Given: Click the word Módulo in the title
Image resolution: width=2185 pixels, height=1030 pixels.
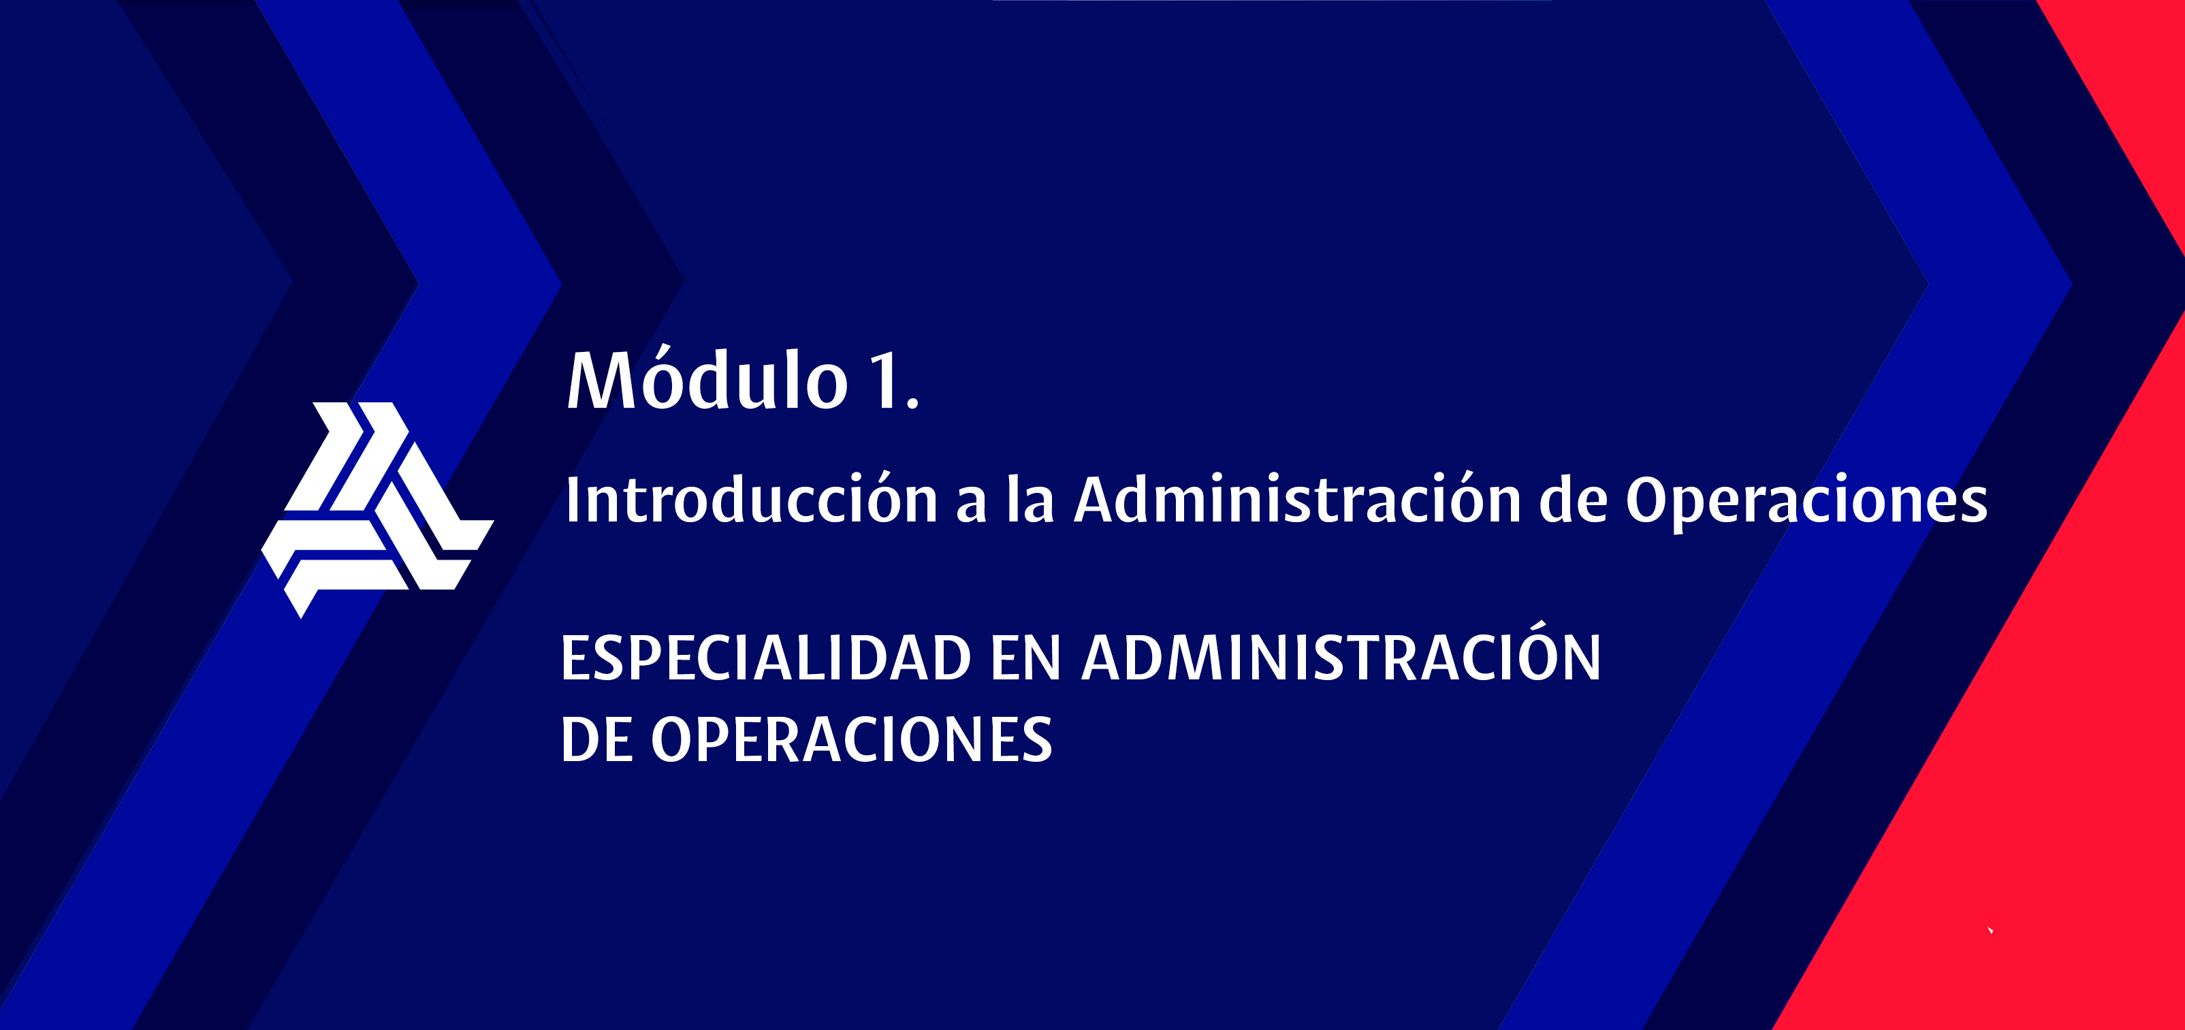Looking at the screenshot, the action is coord(707,378).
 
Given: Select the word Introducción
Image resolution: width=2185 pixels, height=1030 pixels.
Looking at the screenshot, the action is coord(750,498).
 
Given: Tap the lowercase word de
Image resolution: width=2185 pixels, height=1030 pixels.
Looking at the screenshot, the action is coord(1574,498).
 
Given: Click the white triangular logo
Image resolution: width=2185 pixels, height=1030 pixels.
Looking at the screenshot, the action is coord(377,509).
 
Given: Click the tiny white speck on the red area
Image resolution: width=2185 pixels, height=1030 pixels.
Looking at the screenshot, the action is coord(1990,930).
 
